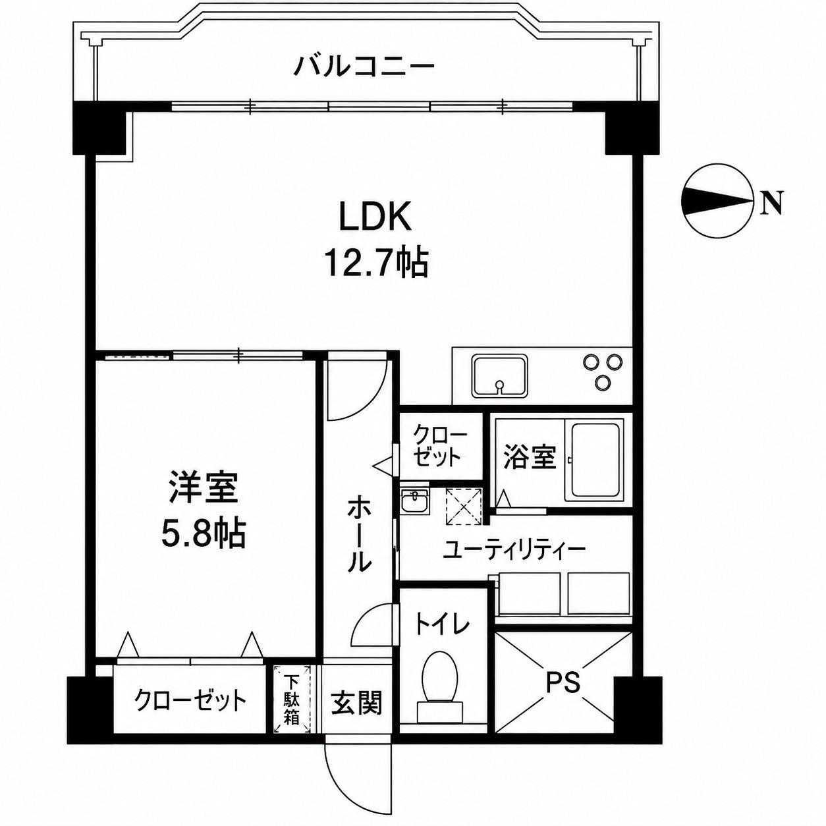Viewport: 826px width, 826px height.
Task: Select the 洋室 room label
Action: tap(204, 487)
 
